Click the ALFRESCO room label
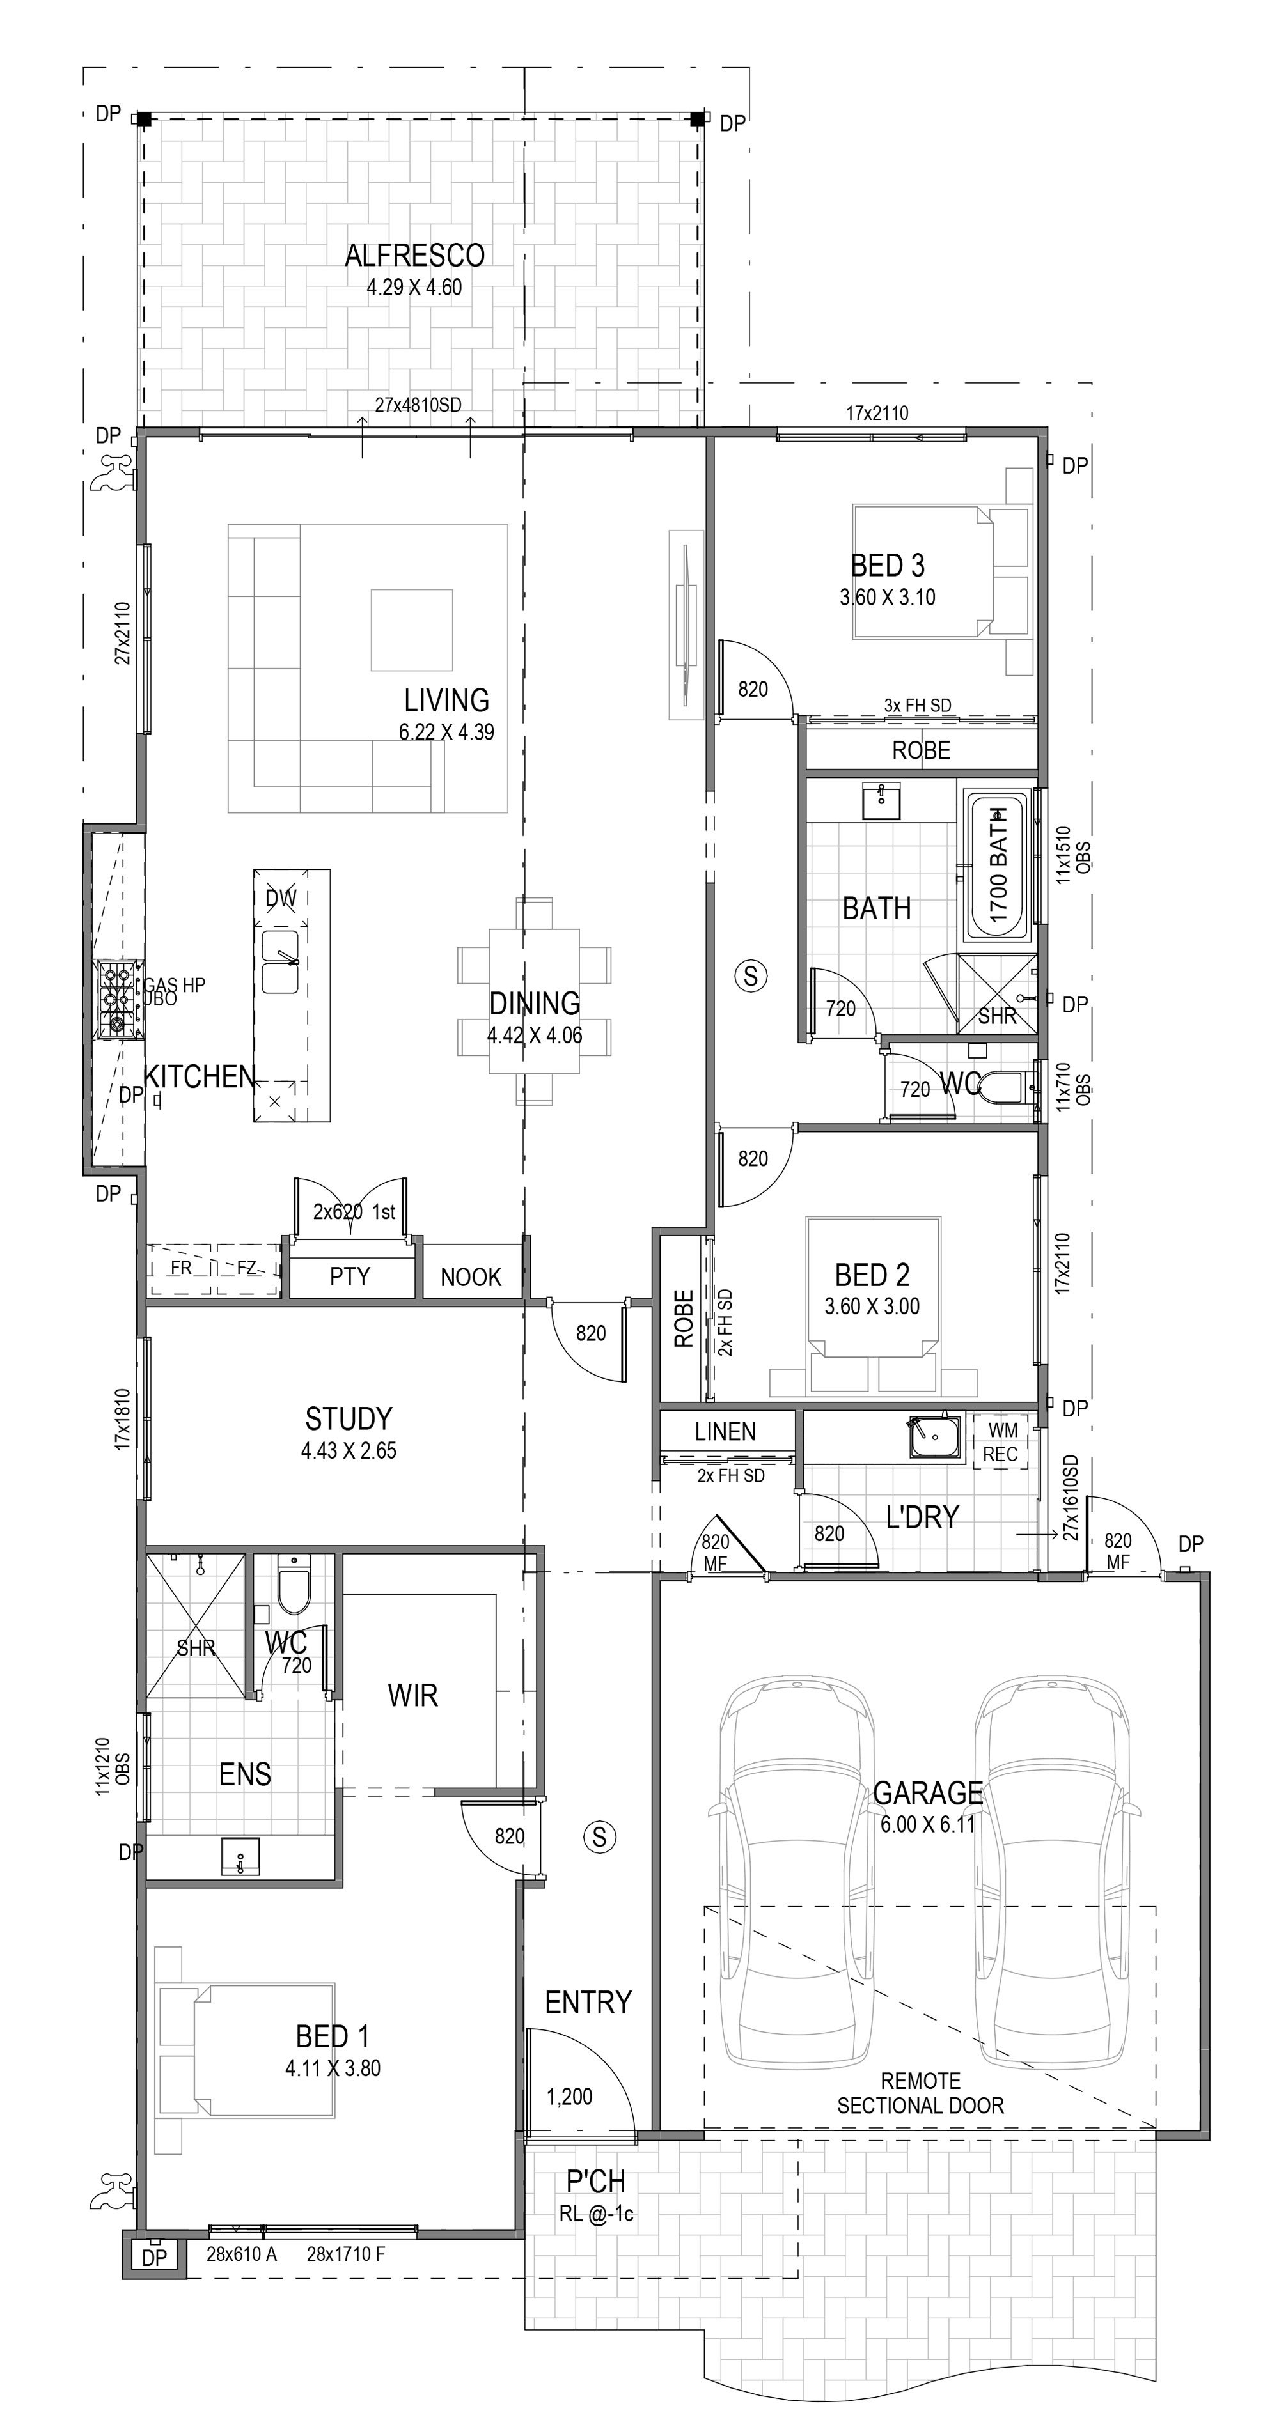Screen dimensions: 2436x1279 pos(414,255)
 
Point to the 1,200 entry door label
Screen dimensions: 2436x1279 pos(570,2097)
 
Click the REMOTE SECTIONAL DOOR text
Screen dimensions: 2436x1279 pos(920,2093)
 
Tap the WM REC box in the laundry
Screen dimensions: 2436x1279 pos(1001,1442)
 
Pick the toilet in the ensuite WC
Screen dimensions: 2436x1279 pos(294,1586)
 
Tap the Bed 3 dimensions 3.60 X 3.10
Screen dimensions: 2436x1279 pos(888,598)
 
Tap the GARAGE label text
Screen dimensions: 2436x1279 pos(927,1792)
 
